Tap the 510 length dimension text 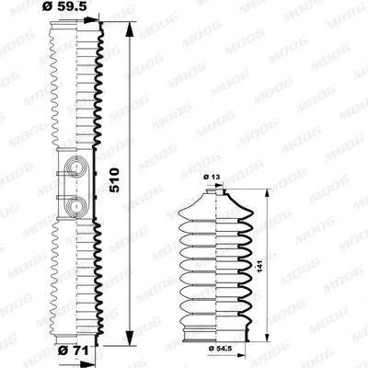click(115, 180)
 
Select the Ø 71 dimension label click(74, 350)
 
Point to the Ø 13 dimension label click(212, 177)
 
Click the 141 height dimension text click(260, 267)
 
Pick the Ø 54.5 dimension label click(220, 348)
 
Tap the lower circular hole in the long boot click(75, 205)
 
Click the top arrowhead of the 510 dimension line click(130, 30)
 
